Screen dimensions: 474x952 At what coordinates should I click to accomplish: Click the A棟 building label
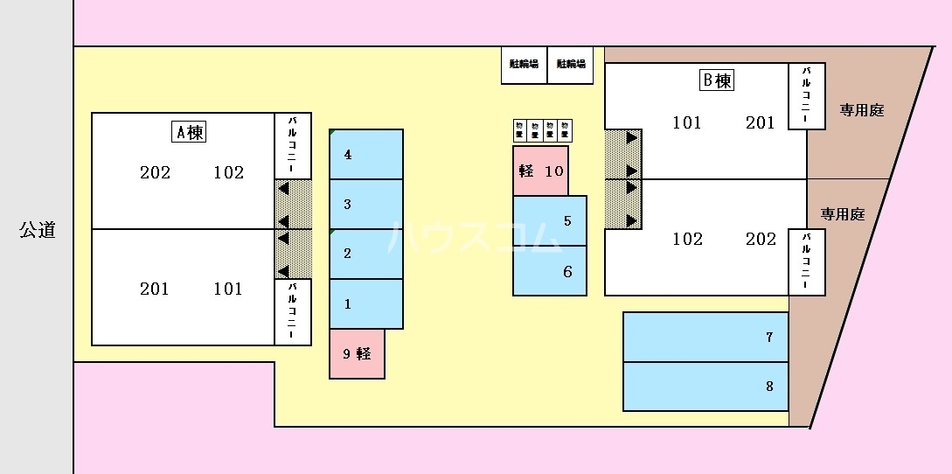(189, 133)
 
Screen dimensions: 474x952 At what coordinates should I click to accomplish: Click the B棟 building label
(716, 81)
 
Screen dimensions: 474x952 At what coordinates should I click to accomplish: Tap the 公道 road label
(38, 230)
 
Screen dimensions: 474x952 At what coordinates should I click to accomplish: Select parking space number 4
(366, 155)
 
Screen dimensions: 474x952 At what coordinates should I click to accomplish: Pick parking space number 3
(366, 205)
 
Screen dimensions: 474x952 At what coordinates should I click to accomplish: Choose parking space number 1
(366, 304)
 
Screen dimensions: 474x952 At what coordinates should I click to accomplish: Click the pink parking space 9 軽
(357, 354)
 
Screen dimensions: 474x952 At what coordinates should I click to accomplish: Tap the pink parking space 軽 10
(541, 171)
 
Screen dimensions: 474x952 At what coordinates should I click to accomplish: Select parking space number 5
(550, 220)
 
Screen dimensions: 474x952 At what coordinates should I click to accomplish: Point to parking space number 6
(550, 271)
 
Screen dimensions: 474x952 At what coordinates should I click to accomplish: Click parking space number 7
(705, 337)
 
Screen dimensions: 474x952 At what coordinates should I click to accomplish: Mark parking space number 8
(705, 386)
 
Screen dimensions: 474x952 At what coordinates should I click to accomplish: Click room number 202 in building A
(155, 172)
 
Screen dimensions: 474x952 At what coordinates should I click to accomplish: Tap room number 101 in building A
(228, 289)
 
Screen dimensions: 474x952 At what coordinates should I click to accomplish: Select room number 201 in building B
(761, 122)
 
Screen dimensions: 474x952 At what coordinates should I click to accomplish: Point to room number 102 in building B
(687, 239)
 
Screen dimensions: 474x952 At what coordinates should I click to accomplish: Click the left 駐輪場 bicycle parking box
(524, 64)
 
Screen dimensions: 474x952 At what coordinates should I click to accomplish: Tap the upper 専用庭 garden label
(862, 110)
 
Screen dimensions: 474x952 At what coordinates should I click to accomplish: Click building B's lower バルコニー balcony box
(807, 262)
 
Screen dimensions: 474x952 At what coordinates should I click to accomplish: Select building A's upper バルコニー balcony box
(293, 145)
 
